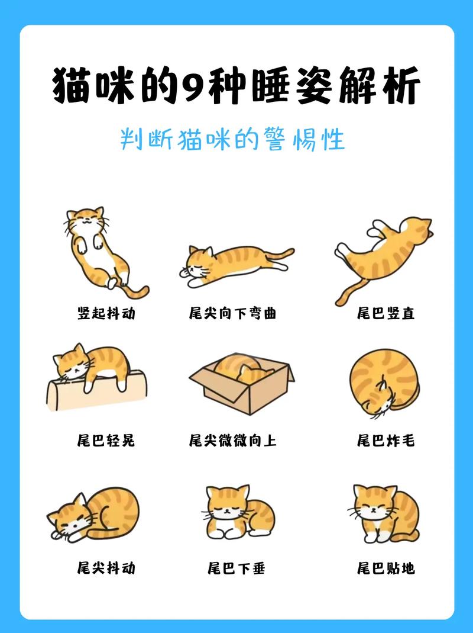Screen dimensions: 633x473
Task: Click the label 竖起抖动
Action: (106, 313)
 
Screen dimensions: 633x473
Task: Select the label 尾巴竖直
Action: (385, 313)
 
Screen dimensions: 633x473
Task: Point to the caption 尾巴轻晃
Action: (106, 441)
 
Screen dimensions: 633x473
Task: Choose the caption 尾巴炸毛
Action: (385, 441)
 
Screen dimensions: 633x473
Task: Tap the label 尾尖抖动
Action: (106, 568)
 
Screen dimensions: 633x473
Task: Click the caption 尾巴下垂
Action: (236, 568)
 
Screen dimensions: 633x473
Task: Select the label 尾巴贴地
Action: (385, 568)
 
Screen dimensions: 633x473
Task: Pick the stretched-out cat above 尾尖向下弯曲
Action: (237, 264)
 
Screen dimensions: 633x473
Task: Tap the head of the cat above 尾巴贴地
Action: (374, 502)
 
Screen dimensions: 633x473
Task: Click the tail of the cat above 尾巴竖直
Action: (349, 290)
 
